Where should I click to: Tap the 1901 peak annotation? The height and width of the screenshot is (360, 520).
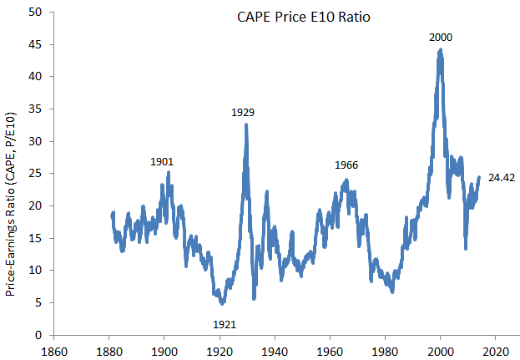click(x=162, y=161)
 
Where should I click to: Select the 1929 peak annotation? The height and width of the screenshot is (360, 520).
click(x=243, y=112)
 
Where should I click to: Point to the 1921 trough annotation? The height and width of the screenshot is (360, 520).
click(x=225, y=322)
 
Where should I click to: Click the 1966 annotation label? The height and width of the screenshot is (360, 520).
click(x=346, y=165)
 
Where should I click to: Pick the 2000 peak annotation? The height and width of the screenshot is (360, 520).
click(x=441, y=38)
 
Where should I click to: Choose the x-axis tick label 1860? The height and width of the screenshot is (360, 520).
click(x=54, y=350)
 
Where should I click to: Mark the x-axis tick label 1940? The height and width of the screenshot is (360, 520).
click(x=275, y=350)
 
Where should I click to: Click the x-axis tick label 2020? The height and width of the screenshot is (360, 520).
click(x=495, y=350)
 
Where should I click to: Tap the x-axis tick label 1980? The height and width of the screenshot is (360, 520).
click(x=385, y=350)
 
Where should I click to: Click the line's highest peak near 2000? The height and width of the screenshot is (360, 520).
click(x=440, y=49)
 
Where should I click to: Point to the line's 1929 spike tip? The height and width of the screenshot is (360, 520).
click(x=246, y=124)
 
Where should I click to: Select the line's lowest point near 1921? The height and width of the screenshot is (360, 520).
click(x=222, y=303)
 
